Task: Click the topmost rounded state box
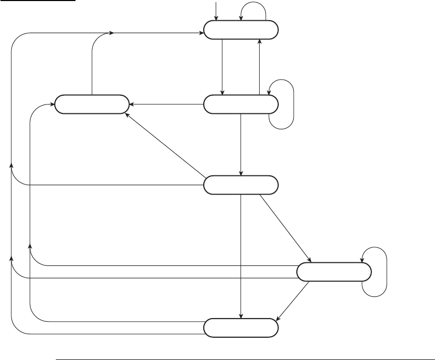click(241, 31)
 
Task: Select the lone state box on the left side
click(92, 104)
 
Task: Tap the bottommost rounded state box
click(241, 327)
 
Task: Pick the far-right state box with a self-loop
click(334, 272)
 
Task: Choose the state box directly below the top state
click(241, 104)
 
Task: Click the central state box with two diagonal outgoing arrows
click(241, 185)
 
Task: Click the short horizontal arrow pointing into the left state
click(166, 104)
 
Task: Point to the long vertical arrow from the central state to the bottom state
click(241, 253)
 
